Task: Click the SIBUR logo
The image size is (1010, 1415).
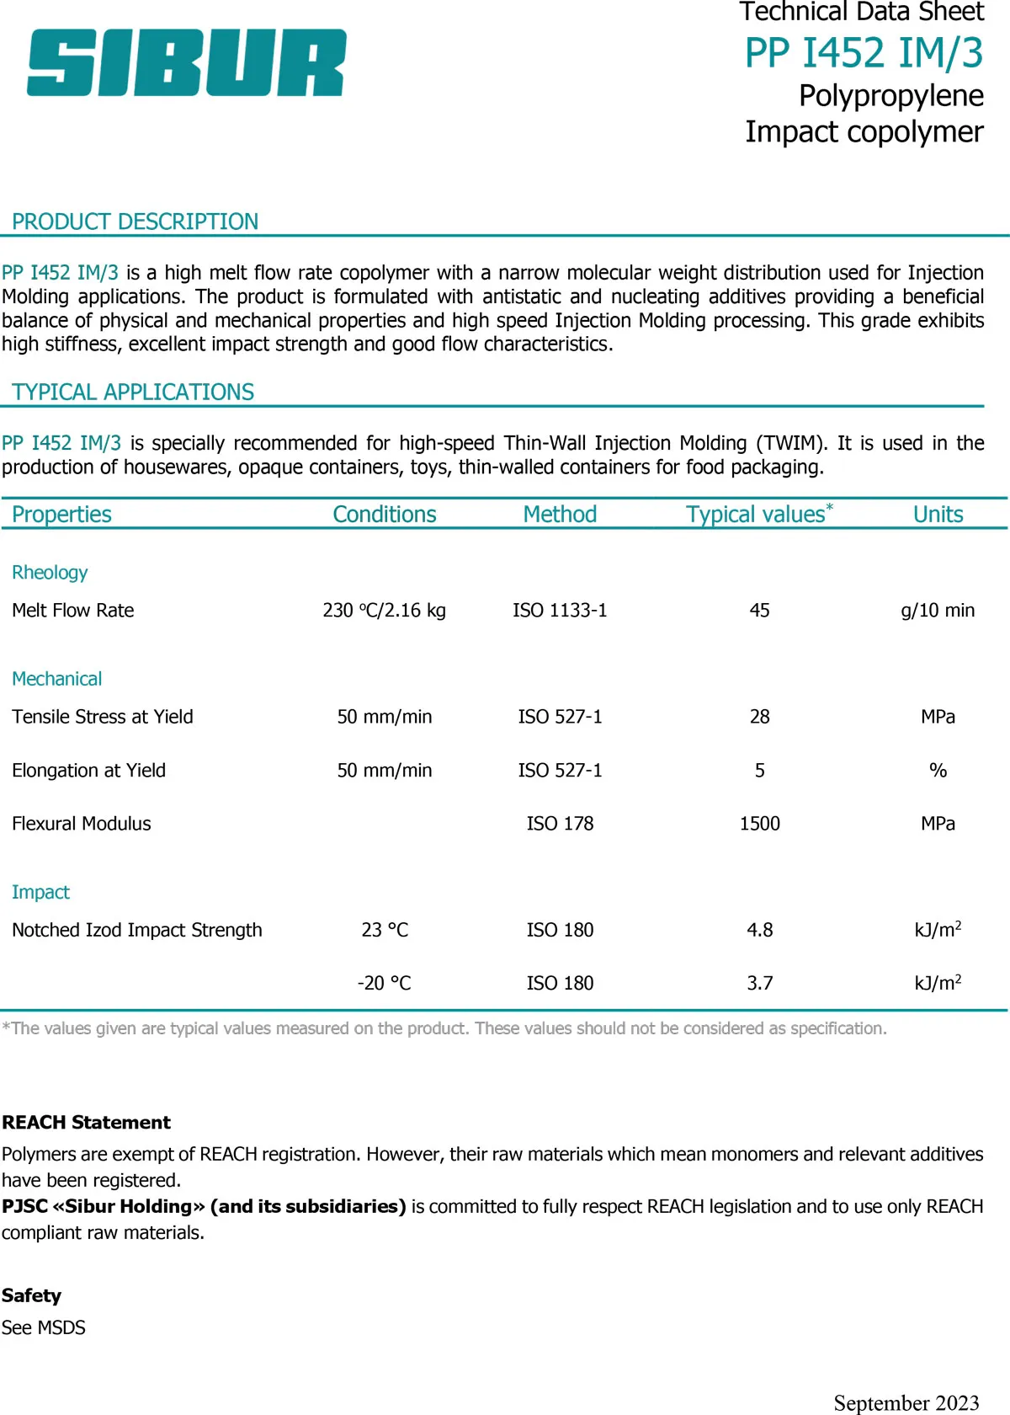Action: [186, 62]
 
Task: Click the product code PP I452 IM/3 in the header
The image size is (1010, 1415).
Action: [864, 53]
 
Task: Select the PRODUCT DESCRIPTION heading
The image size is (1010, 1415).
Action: [135, 222]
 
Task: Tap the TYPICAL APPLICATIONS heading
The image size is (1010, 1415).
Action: [133, 392]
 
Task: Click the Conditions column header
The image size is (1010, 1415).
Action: [385, 515]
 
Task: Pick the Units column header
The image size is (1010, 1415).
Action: [938, 515]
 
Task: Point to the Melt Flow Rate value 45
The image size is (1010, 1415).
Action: [759, 611]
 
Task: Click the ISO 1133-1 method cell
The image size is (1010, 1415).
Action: [560, 611]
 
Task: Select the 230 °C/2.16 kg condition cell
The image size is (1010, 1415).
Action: [385, 611]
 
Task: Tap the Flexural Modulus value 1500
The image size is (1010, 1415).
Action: [759, 824]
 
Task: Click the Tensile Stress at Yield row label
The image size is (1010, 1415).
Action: [103, 717]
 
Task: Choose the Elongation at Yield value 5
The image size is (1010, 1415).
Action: [759, 771]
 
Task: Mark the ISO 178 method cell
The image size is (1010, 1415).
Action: [560, 824]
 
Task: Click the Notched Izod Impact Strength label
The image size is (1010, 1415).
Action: [137, 930]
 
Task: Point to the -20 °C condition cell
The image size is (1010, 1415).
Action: [385, 983]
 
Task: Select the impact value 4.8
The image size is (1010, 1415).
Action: [759, 930]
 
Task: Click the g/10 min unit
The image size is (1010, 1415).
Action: [938, 611]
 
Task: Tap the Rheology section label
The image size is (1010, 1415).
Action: [50, 573]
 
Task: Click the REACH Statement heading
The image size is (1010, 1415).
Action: [86, 1123]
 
